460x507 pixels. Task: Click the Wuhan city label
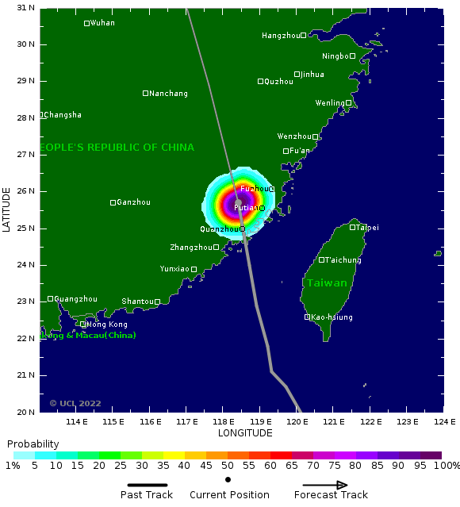coord(102,23)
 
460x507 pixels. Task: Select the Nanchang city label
coord(169,94)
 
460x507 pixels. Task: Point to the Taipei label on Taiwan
coord(367,228)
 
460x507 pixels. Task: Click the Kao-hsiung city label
coord(332,317)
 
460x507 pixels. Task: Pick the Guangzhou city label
coord(75,299)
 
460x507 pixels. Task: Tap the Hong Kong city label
coord(106,325)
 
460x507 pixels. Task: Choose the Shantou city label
coord(137,302)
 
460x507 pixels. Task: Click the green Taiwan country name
coord(327,283)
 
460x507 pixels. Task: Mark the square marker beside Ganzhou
coord(113,202)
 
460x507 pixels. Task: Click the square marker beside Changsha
coord(41,115)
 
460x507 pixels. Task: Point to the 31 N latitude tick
coord(26,8)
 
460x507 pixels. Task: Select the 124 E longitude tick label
coord(444,422)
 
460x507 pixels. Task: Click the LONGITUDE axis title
coord(245,433)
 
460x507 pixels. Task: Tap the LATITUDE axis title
coord(7,209)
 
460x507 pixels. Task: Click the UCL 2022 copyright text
coord(75,403)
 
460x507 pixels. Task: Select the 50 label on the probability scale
coord(227,467)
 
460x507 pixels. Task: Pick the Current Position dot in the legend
coord(228,479)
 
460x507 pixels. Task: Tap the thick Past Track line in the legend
coord(152,485)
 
